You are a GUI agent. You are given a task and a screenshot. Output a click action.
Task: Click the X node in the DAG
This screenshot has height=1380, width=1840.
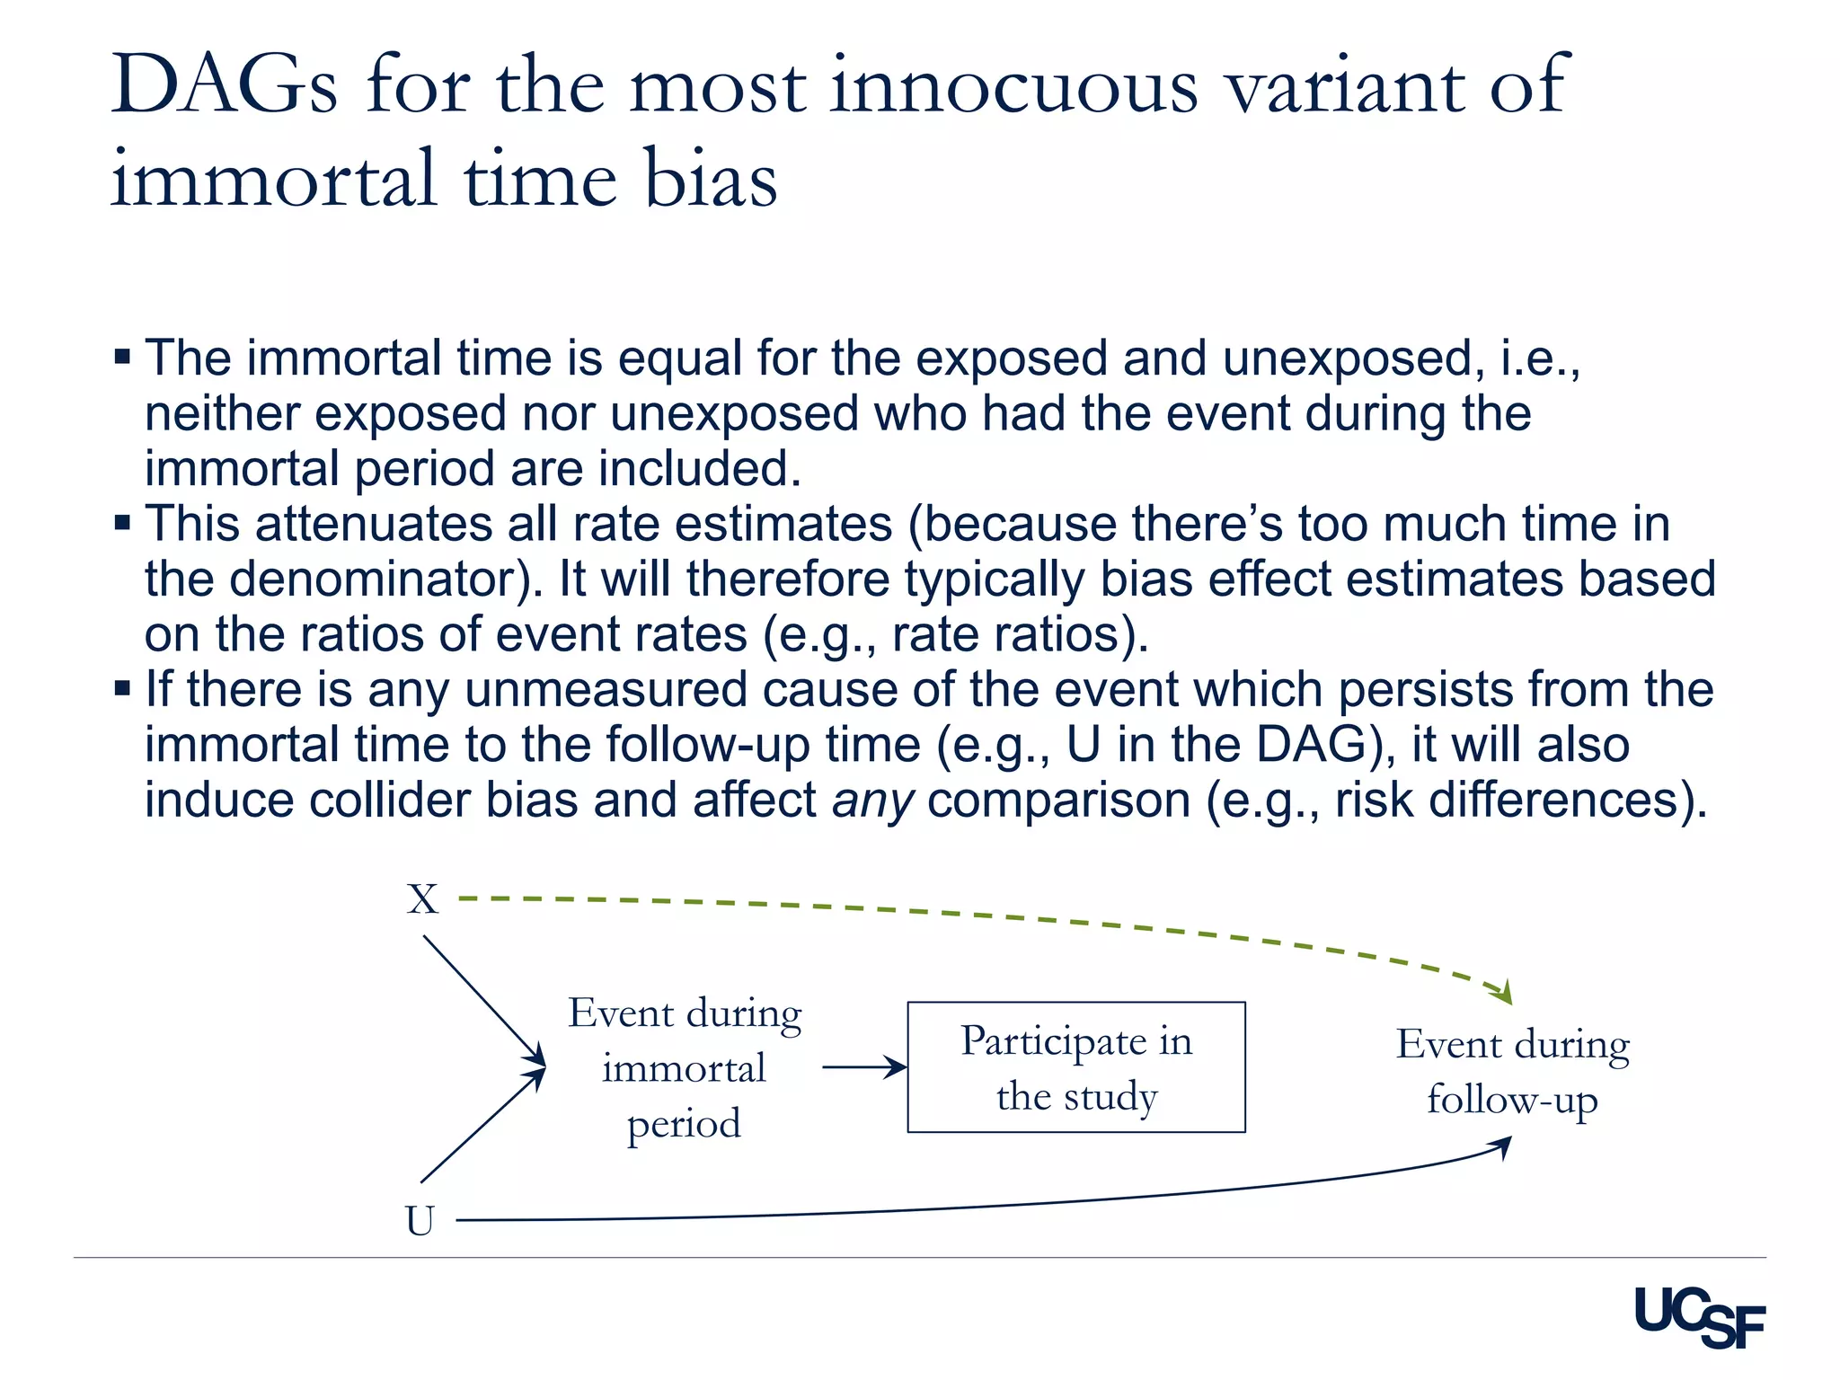[x=422, y=899]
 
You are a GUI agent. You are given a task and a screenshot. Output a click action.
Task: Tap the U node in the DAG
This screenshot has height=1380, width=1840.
[x=420, y=1220]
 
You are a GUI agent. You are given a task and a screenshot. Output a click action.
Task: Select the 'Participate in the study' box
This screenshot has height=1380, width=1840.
[x=1075, y=1067]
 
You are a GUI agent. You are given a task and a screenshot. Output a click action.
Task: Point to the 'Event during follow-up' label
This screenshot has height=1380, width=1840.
[x=1512, y=1072]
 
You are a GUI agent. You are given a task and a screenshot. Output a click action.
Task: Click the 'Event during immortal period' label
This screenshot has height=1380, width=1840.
[x=685, y=1067]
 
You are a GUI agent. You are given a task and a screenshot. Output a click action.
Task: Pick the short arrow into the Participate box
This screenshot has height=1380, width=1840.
[x=862, y=1067]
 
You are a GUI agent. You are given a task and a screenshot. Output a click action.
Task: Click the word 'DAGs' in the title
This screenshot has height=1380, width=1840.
[x=225, y=85]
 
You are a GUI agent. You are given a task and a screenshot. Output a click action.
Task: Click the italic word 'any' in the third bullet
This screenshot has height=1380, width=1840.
[x=872, y=800]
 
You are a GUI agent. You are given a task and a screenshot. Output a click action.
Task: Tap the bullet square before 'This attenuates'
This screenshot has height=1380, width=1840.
[x=123, y=522]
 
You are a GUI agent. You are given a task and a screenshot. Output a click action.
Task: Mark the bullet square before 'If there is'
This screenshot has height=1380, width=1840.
[x=123, y=688]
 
